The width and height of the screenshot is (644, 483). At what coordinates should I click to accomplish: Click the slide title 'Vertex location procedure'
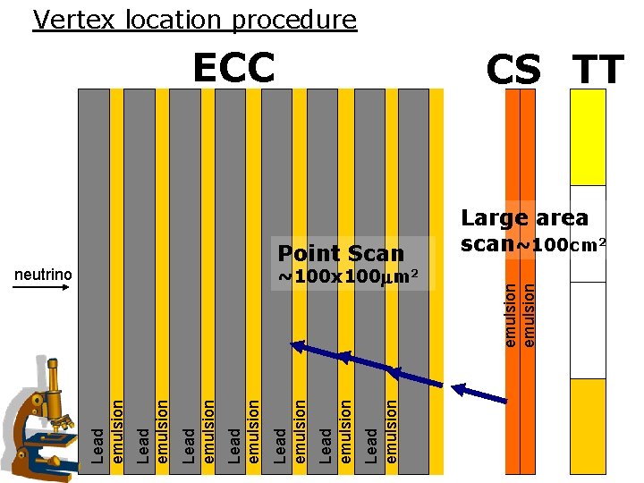(x=194, y=19)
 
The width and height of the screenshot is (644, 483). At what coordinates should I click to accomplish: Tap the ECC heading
(x=233, y=68)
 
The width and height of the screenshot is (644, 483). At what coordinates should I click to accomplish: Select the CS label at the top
(x=514, y=70)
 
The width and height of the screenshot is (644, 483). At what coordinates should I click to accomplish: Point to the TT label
(x=598, y=70)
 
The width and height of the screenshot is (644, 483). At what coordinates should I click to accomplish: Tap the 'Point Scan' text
(x=342, y=253)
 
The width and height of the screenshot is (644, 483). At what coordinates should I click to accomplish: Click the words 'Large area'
(x=524, y=217)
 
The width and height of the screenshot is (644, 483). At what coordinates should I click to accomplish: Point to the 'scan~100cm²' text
(x=534, y=243)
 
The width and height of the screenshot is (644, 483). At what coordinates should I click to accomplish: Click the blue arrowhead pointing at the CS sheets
(x=462, y=389)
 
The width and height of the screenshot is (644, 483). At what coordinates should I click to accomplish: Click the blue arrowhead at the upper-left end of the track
(x=299, y=346)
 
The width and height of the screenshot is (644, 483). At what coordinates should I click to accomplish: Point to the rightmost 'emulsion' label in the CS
(x=529, y=313)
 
